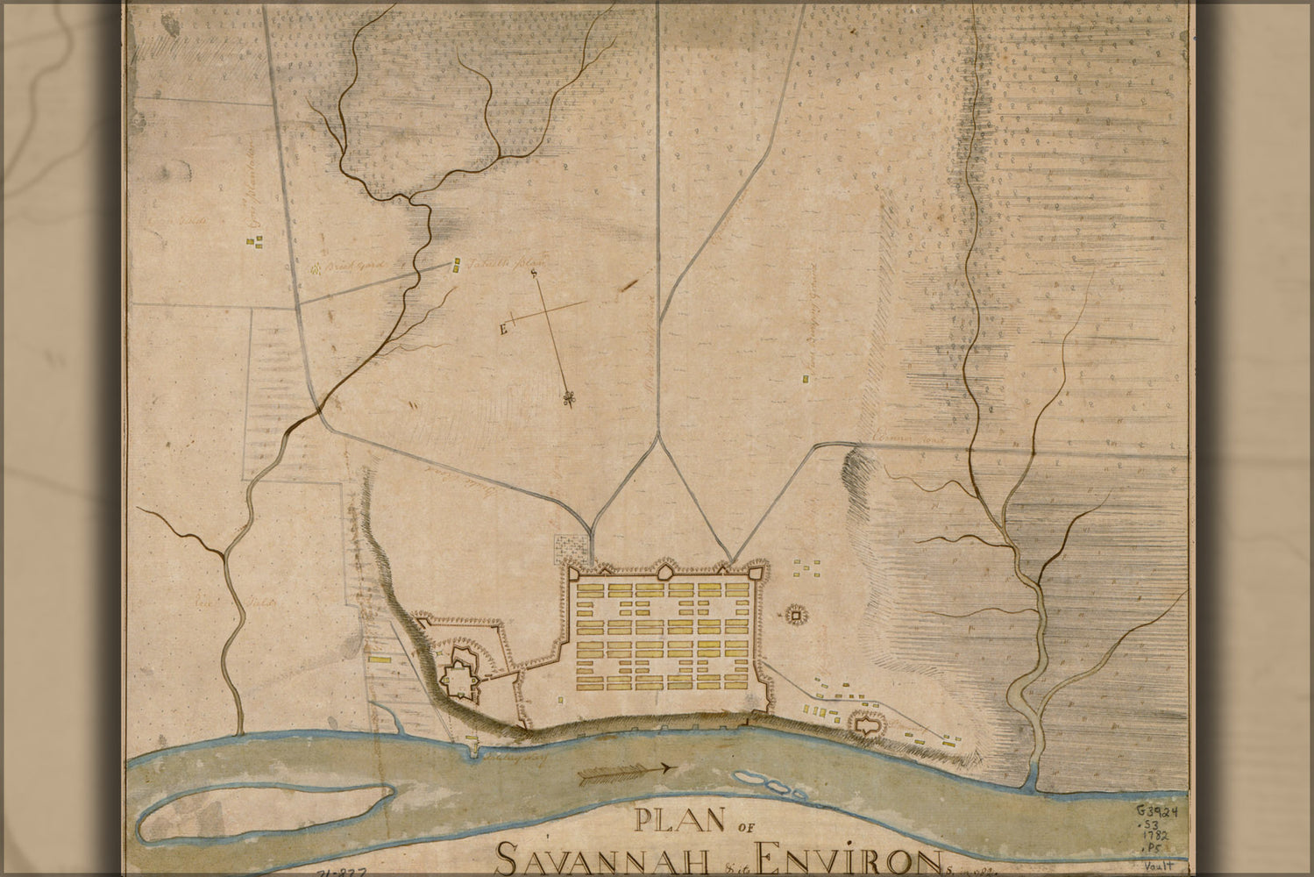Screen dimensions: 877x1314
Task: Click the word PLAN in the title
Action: click(x=678, y=821)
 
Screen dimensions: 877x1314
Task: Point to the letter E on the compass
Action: click(x=503, y=330)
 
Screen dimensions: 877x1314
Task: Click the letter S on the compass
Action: click(x=533, y=273)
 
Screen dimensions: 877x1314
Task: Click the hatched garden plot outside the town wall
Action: click(x=571, y=551)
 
